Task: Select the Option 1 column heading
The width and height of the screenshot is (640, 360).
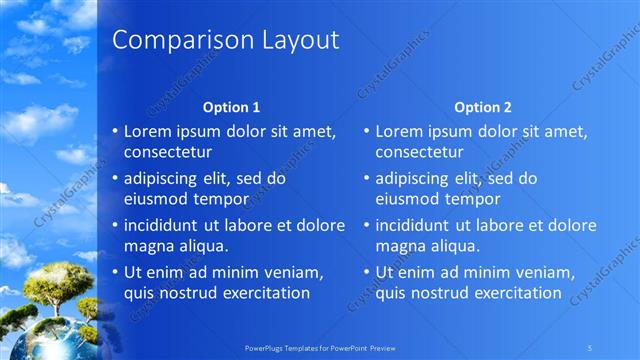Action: pos(231,106)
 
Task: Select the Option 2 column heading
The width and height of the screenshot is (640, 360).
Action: pos(482,106)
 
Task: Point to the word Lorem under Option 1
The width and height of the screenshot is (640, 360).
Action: pos(149,131)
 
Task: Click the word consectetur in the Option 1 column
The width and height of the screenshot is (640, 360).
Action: pos(167,152)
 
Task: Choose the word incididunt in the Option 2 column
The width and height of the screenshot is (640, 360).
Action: pos(418,225)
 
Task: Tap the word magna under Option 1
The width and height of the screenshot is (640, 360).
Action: pos(148,245)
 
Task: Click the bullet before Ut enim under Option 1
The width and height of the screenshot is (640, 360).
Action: pos(115,272)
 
